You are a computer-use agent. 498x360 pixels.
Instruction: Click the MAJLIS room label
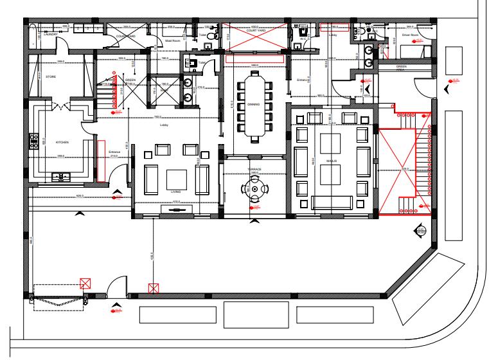[332, 161]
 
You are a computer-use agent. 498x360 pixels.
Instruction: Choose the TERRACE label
[255, 168]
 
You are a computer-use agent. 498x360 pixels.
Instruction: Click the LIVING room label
[175, 192]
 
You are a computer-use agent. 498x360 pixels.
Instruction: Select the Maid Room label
[173, 40]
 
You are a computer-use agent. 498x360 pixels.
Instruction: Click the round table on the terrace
[255, 188]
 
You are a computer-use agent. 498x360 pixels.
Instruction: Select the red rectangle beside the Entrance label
[101, 159]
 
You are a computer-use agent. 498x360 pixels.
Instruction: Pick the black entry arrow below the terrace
[255, 221]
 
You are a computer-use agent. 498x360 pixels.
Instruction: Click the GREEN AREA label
[401, 67]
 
